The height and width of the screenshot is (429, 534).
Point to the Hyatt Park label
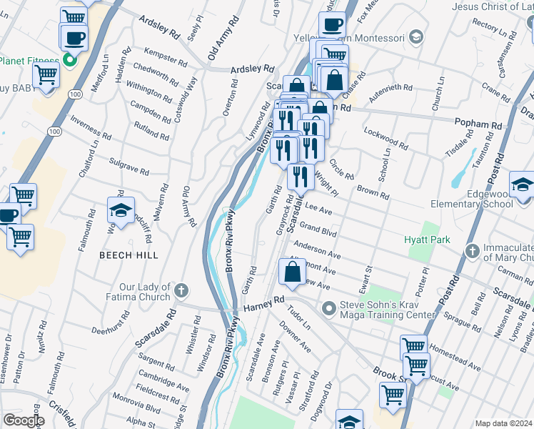pos(427,240)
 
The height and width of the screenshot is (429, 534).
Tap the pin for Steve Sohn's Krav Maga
pos(328,309)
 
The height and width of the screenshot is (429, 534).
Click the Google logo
pos(23,420)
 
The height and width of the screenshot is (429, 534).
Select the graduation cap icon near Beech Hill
pos(121,211)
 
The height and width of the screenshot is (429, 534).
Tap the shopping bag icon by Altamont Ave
pos(292,272)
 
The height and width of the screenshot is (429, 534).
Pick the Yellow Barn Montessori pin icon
pos(416,38)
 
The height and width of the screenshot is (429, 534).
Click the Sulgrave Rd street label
pos(129,167)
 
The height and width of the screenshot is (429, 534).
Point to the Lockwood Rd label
pos(385,139)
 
